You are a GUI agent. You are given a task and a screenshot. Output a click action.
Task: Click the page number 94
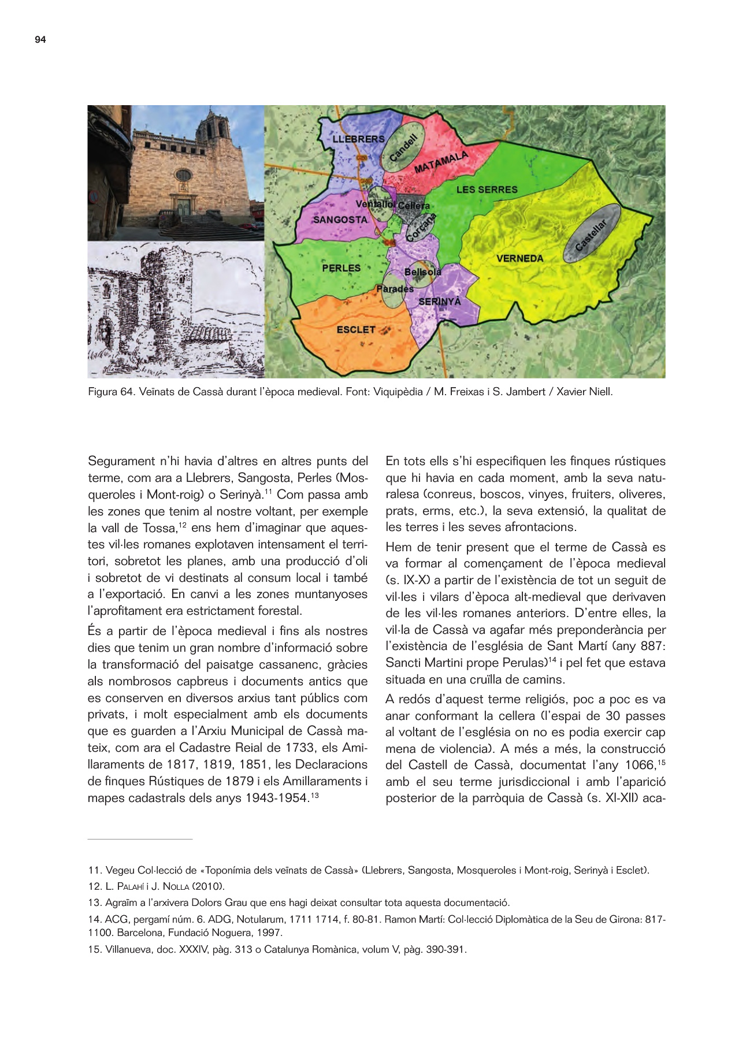point(40,39)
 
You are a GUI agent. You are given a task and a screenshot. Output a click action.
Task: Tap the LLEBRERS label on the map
point(358,139)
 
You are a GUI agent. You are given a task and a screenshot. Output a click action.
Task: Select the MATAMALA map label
point(441,162)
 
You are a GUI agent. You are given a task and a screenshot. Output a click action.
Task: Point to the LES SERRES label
point(487,190)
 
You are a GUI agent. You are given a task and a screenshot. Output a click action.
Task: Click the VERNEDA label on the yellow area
point(519,258)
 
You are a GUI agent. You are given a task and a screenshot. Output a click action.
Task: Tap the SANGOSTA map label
point(340,220)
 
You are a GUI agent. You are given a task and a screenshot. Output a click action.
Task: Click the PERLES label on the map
point(341,268)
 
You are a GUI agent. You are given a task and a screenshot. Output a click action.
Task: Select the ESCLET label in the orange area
point(356,329)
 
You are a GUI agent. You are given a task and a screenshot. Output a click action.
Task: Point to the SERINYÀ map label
point(440,302)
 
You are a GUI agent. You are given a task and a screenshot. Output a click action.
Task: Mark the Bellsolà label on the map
point(422,272)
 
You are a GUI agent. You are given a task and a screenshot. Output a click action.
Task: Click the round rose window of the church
point(183,174)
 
